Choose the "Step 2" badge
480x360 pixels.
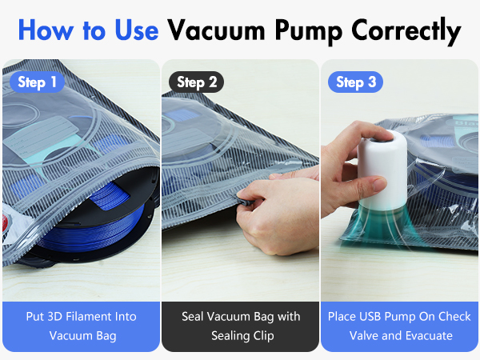[x=196, y=82]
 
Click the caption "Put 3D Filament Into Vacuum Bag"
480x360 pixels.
[x=81, y=326]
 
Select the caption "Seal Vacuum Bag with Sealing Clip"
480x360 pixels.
[x=241, y=326]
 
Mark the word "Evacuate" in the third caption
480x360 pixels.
[x=426, y=336]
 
